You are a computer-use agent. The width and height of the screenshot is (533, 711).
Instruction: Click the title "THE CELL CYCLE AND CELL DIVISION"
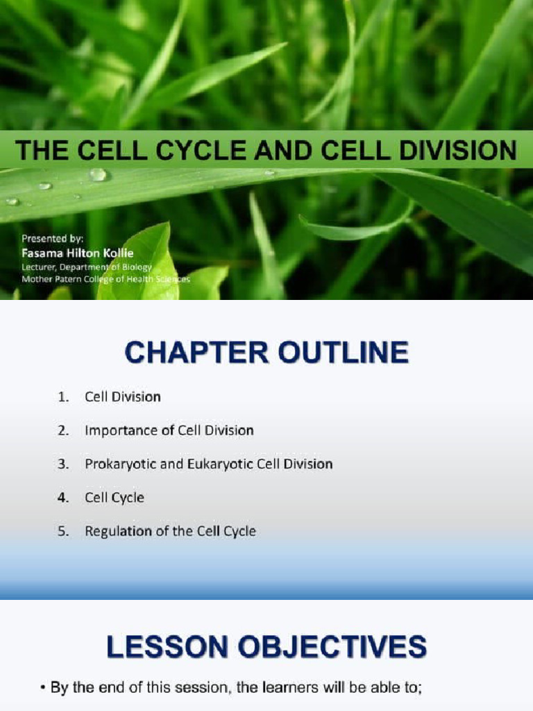click(x=266, y=150)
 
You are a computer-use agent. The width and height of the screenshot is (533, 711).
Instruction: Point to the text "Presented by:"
click(x=52, y=239)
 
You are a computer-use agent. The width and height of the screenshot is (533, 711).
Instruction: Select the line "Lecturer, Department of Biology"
click(x=87, y=266)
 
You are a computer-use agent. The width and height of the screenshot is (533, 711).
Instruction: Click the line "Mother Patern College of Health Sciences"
click(x=105, y=279)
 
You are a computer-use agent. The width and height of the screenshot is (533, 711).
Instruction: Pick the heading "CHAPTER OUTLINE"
click(x=266, y=353)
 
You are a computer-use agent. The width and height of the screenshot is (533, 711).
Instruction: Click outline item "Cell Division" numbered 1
click(x=123, y=397)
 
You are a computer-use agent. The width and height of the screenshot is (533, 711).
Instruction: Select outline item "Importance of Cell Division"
click(x=169, y=430)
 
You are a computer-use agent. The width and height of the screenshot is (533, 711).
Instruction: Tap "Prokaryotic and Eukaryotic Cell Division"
click(x=208, y=464)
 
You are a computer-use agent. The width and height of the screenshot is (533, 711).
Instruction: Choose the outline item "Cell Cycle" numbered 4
click(x=115, y=497)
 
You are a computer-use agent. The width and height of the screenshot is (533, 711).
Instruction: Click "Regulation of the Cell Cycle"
click(x=170, y=531)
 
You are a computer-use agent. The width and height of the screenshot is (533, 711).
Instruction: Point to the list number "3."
click(x=64, y=464)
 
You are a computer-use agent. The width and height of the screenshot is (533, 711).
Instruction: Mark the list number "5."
click(x=64, y=531)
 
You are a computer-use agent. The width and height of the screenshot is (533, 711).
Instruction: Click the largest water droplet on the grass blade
click(x=98, y=174)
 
